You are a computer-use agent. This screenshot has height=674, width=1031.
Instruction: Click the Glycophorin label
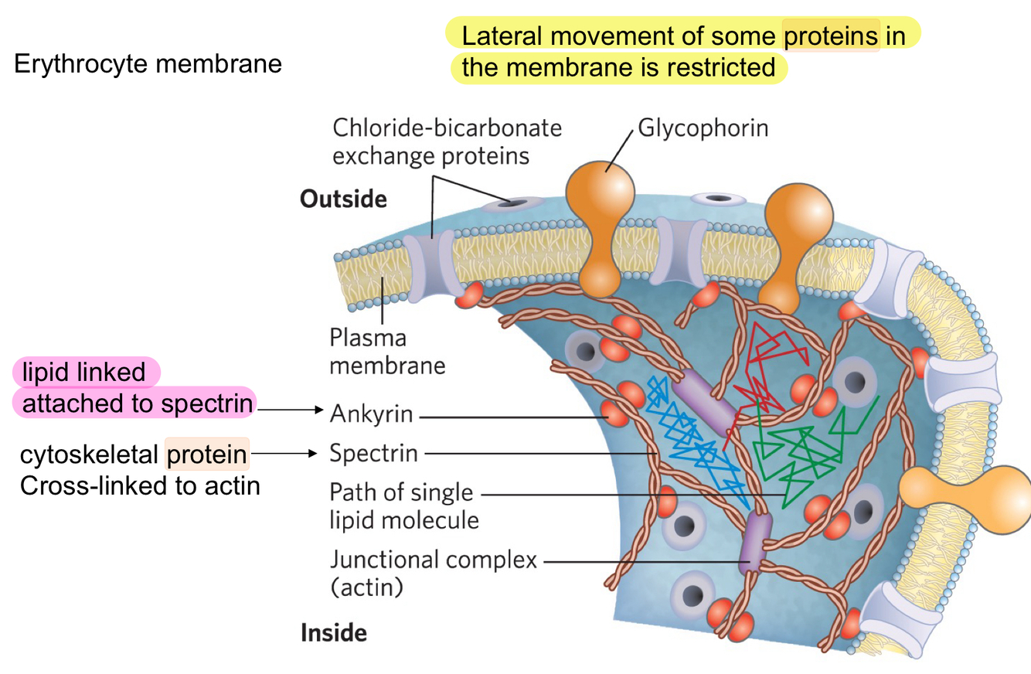pyautogui.click(x=703, y=128)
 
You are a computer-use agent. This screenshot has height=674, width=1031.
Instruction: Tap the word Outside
pyautogui.click(x=343, y=199)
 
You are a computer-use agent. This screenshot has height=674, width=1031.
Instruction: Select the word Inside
pyautogui.click(x=333, y=634)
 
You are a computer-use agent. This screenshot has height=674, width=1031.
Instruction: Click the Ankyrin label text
pyautogui.click(x=371, y=415)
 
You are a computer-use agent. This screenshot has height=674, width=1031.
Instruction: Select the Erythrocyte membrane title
pyautogui.click(x=148, y=64)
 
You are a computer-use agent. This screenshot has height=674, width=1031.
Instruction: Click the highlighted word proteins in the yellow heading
pyautogui.click(x=832, y=36)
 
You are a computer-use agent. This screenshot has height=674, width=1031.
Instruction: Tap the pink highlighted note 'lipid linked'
pyautogui.click(x=84, y=373)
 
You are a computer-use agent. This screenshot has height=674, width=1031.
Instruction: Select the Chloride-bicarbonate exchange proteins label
pyautogui.click(x=447, y=141)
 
